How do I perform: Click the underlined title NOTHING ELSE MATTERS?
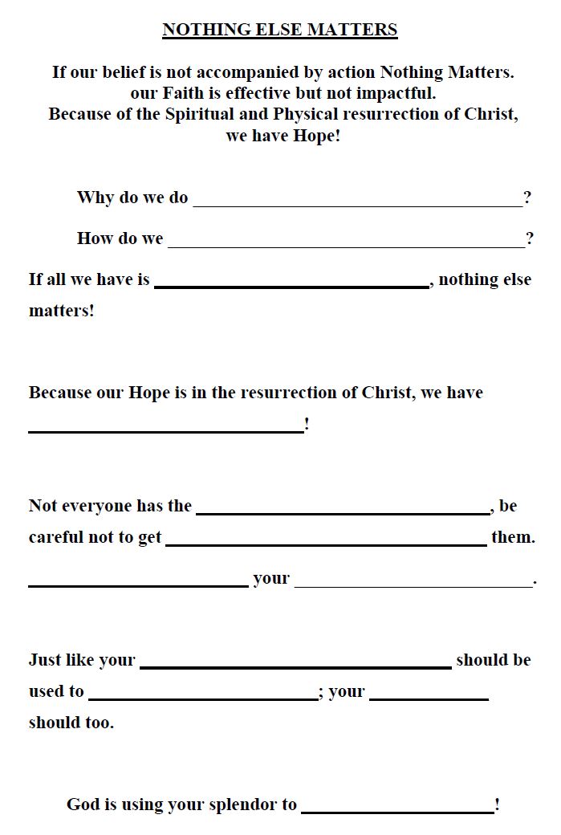[x=280, y=31]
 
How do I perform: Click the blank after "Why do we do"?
[x=357, y=200]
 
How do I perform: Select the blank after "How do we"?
[x=346, y=241]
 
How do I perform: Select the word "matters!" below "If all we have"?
[x=62, y=311]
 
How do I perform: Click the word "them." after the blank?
[x=513, y=537]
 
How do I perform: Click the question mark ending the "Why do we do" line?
[x=527, y=198]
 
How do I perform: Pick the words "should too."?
[x=71, y=723]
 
